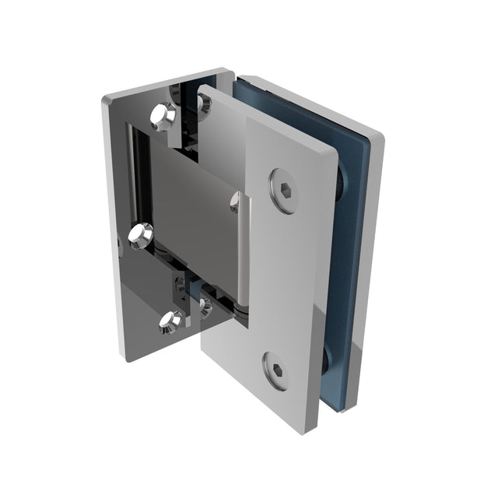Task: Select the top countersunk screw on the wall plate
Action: (164, 116)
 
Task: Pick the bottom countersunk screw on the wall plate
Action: (170, 321)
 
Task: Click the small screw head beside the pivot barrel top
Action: (235, 203)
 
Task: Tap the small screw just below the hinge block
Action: (205, 306)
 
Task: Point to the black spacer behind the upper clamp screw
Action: (342, 184)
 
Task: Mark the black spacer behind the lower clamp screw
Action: (326, 359)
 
